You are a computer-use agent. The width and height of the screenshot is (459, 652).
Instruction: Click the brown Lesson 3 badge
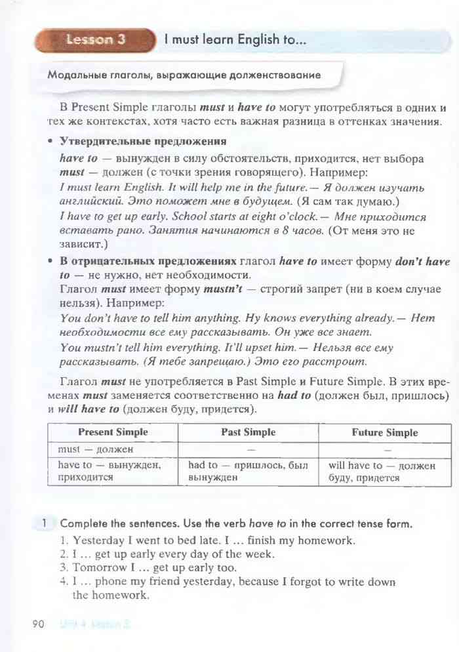click(x=96, y=40)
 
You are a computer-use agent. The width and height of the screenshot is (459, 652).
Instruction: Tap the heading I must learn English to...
click(x=235, y=40)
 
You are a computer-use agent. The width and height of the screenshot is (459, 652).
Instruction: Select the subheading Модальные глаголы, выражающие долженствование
click(x=184, y=75)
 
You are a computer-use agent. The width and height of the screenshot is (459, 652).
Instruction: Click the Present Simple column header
click(x=113, y=432)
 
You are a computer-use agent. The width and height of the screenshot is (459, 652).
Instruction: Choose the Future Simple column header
click(x=384, y=432)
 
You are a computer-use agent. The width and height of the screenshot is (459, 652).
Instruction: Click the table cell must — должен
click(x=95, y=449)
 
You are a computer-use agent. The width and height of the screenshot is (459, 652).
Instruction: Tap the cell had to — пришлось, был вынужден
click(x=248, y=471)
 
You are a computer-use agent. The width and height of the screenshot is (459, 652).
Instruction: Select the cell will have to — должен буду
click(x=382, y=471)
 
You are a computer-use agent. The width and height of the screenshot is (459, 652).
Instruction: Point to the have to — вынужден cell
click(x=109, y=471)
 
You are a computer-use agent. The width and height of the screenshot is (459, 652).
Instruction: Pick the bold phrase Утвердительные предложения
click(x=143, y=141)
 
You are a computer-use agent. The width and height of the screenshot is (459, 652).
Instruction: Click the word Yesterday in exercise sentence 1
click(x=98, y=541)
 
